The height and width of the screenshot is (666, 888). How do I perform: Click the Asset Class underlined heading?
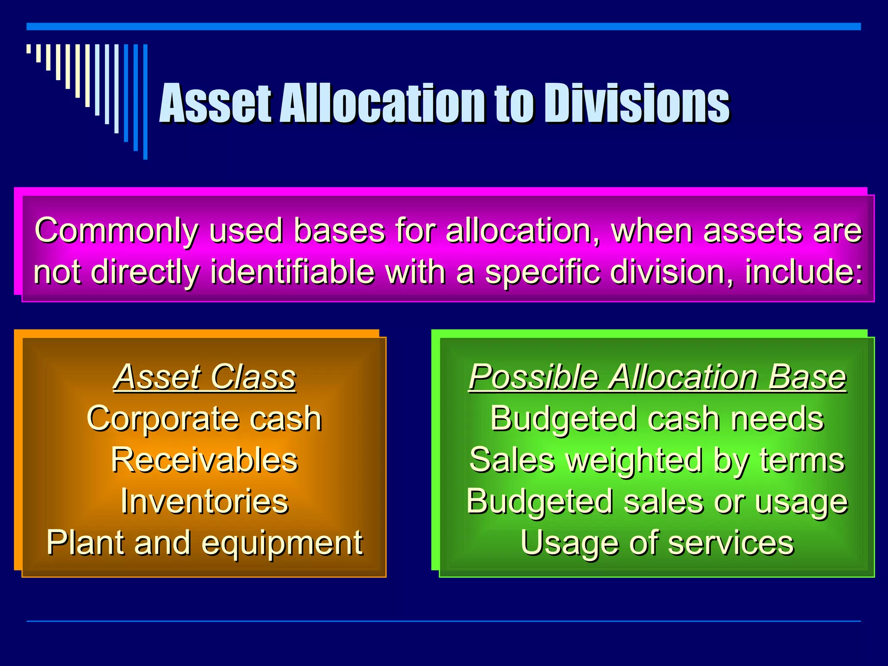pyautogui.click(x=204, y=377)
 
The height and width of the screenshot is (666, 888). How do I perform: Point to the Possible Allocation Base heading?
pyautogui.click(x=657, y=377)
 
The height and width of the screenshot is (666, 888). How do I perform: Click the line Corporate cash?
pyautogui.click(x=204, y=418)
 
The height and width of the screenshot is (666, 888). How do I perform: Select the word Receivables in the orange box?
pyautogui.click(x=204, y=460)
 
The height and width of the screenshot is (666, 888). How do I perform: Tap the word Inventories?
pyautogui.click(x=204, y=501)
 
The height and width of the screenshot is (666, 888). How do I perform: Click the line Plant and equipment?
pyautogui.click(x=204, y=543)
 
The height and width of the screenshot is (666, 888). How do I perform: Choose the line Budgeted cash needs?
pyautogui.click(x=657, y=418)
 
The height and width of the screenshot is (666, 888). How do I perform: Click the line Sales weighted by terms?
pyautogui.click(x=657, y=460)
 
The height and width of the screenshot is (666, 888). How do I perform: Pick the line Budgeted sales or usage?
pyautogui.click(x=657, y=501)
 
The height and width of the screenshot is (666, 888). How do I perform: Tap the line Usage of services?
pyautogui.click(x=657, y=543)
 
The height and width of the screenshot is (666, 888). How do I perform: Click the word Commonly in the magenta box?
pyautogui.click(x=116, y=231)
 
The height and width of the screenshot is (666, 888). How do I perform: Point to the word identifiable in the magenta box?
pyautogui.click(x=292, y=272)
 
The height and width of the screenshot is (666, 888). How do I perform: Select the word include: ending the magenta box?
pyautogui.click(x=803, y=272)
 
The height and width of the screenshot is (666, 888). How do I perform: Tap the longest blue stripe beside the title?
pyautogui.click(x=145, y=102)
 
